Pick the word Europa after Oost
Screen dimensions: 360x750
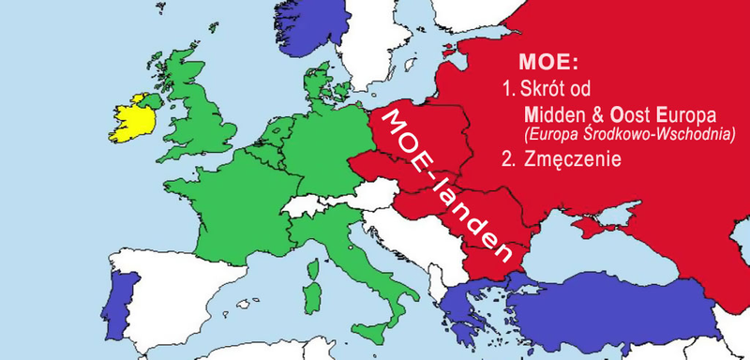tap(687, 116)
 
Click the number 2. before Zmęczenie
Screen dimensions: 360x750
tap(509, 160)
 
